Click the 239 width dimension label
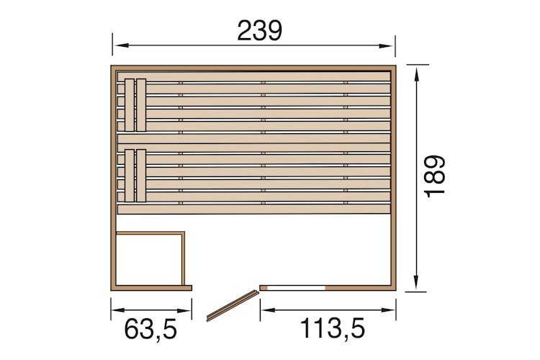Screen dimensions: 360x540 click(259, 30)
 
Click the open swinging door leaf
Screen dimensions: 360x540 click(232, 305)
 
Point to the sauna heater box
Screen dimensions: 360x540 click(150, 258)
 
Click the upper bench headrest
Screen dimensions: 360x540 click(135, 104)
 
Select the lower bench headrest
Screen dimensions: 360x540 click(135, 176)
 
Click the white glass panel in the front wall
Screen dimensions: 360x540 click(296, 287)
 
